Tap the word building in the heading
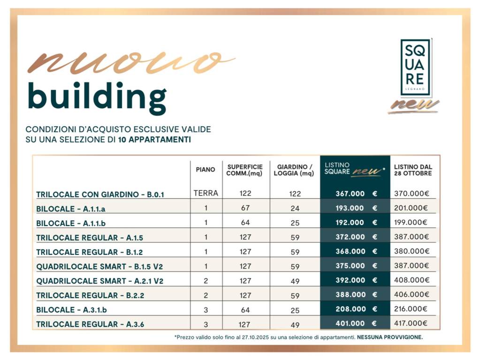click(97, 96)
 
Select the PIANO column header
click(206, 170)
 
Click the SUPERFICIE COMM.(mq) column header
click(244, 170)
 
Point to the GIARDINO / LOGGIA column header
click(295, 170)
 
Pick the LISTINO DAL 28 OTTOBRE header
click(413, 170)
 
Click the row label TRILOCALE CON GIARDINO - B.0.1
click(100, 194)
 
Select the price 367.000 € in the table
click(356, 194)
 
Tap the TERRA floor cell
click(206, 193)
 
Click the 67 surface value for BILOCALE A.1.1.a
click(245, 208)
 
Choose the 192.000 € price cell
click(356, 223)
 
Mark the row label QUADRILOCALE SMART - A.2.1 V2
click(100, 281)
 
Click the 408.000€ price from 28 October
click(411, 280)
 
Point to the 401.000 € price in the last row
click(356, 323)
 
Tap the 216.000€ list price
click(411, 309)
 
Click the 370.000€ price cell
click(411, 193)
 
